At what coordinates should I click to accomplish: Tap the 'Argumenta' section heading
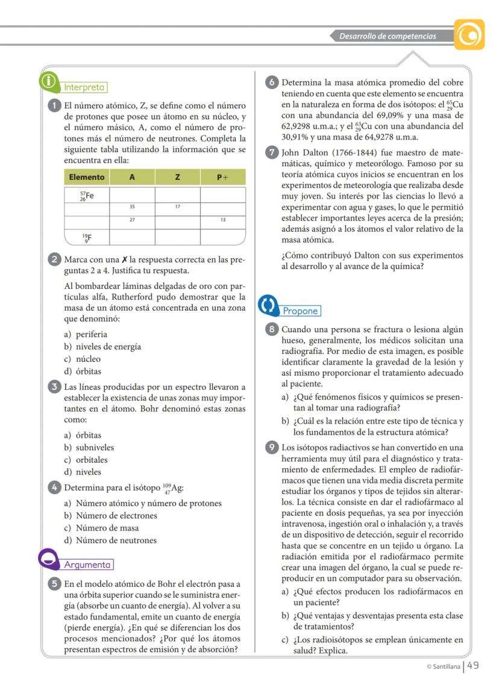88,565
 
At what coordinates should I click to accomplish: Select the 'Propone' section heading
300,311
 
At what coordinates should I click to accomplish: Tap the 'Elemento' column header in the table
86,177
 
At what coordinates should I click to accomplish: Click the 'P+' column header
222,177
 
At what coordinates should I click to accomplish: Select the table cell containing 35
132,206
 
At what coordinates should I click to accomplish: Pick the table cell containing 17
177,206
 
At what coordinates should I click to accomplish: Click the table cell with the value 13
222,220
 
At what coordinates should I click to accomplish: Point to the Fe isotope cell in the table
86,194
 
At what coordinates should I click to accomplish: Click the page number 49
473,665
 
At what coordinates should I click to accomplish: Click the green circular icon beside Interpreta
48,81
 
